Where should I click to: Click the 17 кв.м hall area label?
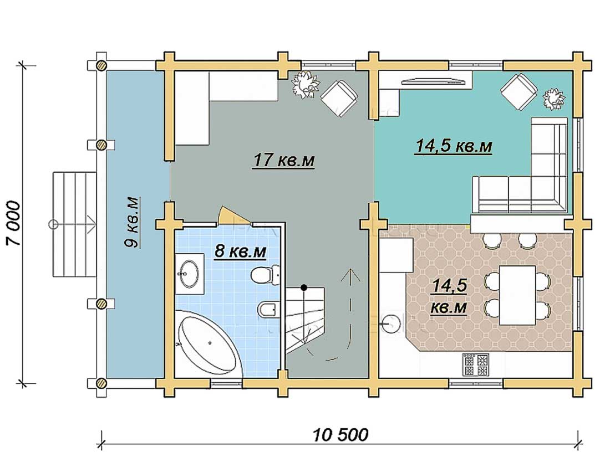pyautogui.click(x=283, y=160)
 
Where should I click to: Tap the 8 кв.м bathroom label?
pyautogui.click(x=241, y=251)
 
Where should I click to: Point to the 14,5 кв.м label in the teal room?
pyautogui.click(x=454, y=146)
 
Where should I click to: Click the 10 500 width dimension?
pyautogui.click(x=340, y=435)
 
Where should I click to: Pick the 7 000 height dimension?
pyautogui.click(x=13, y=223)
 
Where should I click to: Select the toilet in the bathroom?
pyautogui.click(x=265, y=275)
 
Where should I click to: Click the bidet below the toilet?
pyautogui.click(x=268, y=309)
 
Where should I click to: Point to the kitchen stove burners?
pyautogui.click(x=475, y=364)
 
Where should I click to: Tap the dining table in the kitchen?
pyautogui.click(x=517, y=295)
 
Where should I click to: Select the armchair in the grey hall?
pyautogui.click(x=339, y=98)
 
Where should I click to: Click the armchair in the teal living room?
pyautogui.click(x=518, y=92)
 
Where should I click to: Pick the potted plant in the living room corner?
pyautogui.click(x=554, y=99)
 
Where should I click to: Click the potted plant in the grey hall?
pyautogui.click(x=306, y=84)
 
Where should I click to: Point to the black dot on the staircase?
pyautogui.click(x=304, y=287)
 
